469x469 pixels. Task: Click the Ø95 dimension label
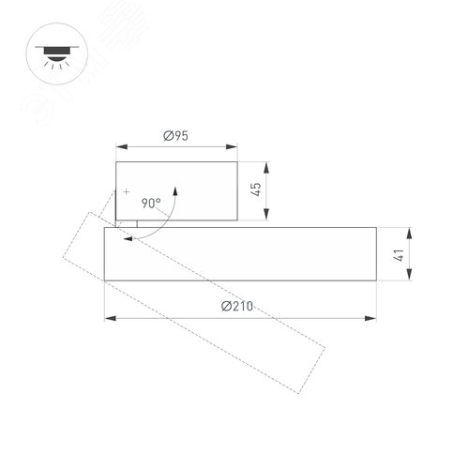coord(175,136)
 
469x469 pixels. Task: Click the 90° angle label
coord(151,202)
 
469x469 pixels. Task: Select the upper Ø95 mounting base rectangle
coord(176,191)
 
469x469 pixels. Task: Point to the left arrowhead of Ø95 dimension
coord(120,145)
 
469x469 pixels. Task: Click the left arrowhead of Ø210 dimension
coord(108,318)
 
